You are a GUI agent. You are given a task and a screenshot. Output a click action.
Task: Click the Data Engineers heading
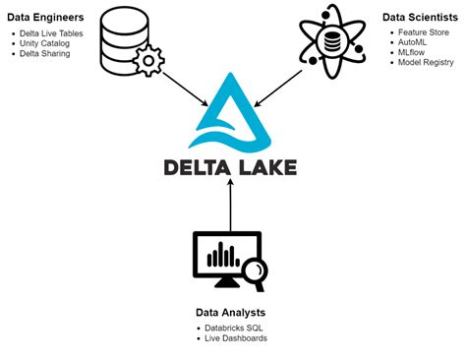point(45,19)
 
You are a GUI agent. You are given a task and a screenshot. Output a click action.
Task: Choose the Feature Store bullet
point(426,33)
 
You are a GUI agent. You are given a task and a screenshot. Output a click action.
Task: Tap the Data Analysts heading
point(233,313)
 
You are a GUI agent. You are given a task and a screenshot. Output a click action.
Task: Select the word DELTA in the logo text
point(197,166)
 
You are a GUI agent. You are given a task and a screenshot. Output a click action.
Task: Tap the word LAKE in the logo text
point(265,166)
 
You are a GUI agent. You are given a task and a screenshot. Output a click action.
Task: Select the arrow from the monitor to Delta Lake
point(229,205)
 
